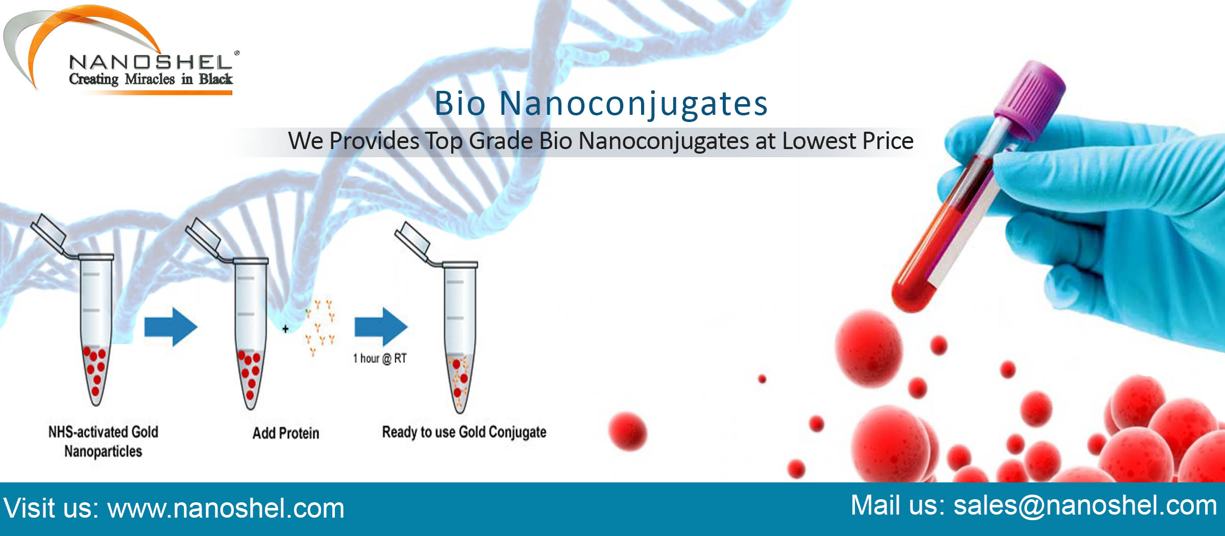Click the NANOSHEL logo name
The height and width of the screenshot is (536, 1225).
(151, 62)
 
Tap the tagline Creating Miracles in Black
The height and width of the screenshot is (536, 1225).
(151, 79)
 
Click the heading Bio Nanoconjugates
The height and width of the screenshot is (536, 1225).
(601, 104)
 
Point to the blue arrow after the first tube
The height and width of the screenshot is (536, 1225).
(170, 327)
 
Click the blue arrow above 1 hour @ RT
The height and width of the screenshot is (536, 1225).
(381, 327)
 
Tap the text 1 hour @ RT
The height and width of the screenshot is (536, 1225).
(380, 358)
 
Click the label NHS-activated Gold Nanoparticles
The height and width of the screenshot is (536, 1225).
(103, 442)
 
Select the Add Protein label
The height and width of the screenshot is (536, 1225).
(286, 433)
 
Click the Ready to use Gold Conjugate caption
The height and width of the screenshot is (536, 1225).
(464, 432)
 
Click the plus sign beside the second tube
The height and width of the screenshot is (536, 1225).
(285, 329)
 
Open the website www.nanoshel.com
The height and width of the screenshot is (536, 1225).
(226, 509)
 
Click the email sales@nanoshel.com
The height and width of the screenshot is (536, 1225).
(1085, 506)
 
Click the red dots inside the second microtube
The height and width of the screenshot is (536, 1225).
(250, 373)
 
